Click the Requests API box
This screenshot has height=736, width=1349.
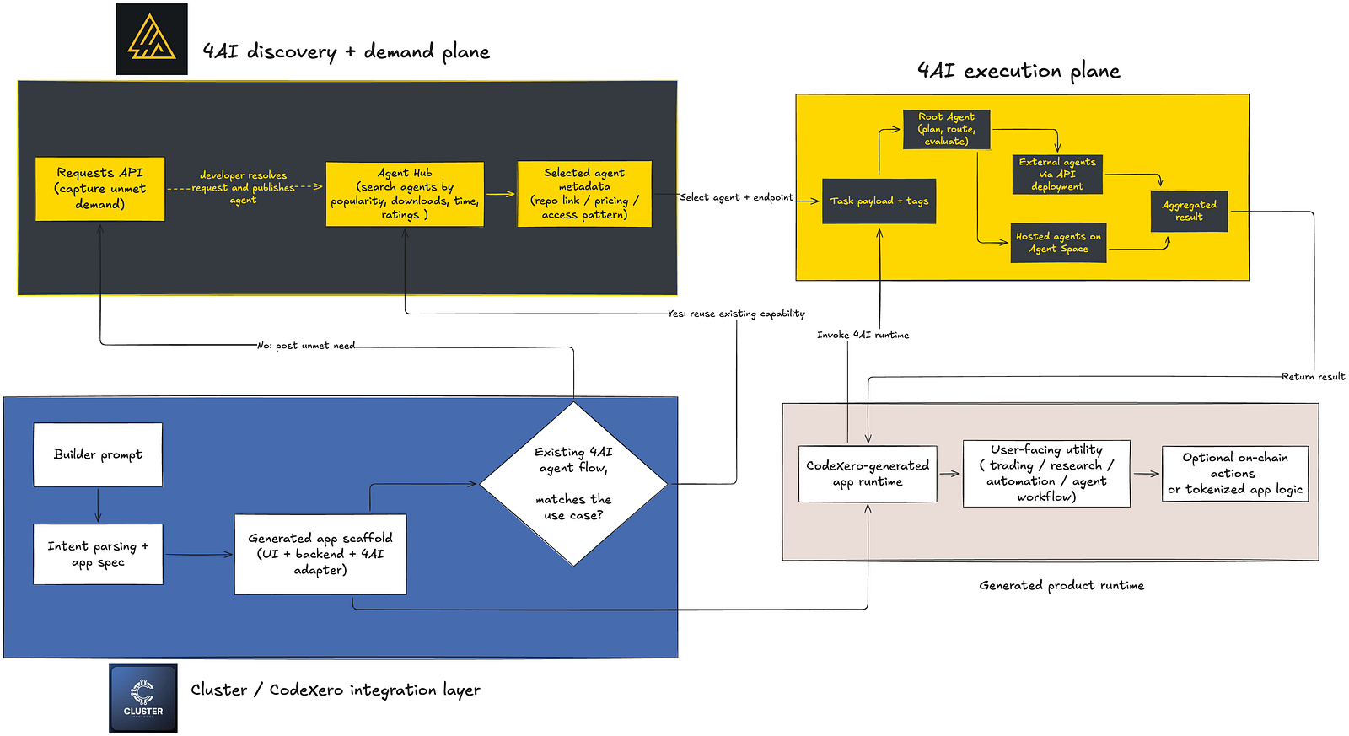(100, 189)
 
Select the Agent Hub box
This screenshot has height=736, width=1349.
(405, 194)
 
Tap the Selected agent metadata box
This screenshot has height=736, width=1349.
(584, 194)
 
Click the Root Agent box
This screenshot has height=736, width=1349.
(946, 129)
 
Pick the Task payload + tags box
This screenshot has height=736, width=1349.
(879, 201)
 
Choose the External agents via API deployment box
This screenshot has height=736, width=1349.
(1057, 174)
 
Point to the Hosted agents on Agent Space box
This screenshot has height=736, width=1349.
(1058, 243)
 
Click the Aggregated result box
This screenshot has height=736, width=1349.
(1189, 211)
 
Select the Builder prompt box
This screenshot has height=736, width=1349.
(98, 454)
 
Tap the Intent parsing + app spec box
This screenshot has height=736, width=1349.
(98, 554)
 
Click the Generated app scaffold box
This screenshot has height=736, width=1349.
(320, 554)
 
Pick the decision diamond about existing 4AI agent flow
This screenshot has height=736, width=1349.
(573, 484)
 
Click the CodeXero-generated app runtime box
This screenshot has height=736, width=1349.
(868, 474)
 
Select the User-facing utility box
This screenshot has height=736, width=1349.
(1046, 474)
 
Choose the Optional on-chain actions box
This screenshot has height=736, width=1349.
(1234, 474)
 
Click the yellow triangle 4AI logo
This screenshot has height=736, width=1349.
(151, 38)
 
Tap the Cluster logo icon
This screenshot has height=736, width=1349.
(142, 698)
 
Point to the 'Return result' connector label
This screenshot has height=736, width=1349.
(1313, 377)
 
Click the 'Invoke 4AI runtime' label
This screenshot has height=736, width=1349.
(863, 335)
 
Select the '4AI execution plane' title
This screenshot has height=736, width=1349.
(1018, 71)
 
